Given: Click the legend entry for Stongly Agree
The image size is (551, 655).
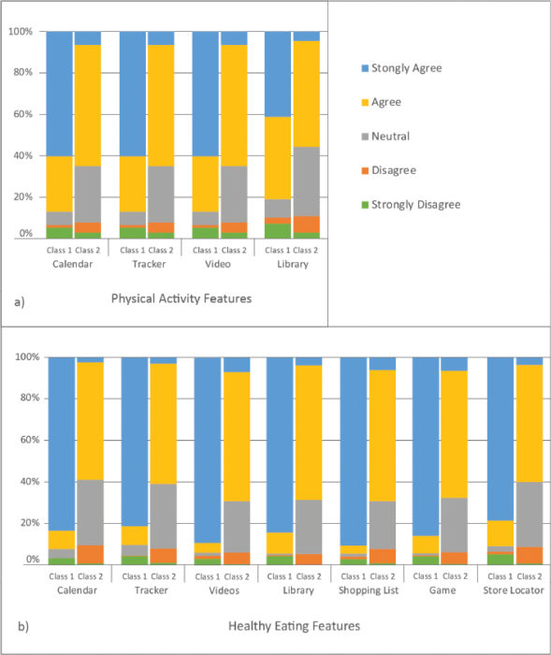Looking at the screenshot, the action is point(402,68).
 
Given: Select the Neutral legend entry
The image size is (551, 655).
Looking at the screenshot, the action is point(385,137).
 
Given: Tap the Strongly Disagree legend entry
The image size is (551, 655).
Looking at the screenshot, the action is point(411,205).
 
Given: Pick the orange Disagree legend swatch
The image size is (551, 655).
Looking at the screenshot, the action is point(365,170).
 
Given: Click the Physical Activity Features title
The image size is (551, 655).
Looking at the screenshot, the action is point(181,298).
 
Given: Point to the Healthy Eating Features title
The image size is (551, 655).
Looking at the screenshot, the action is point(294,626).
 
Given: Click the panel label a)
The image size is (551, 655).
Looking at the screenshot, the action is point(20,301).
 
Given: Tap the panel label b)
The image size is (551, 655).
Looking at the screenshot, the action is point(23,626).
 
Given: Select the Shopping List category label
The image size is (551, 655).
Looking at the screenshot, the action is point(369,590).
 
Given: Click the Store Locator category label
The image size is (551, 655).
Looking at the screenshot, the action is point(514,590).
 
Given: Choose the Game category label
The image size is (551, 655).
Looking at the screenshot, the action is point(442,590).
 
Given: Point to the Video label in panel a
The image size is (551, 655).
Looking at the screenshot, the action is point(218,264).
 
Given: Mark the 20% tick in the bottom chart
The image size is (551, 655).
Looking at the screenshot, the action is point(30,523).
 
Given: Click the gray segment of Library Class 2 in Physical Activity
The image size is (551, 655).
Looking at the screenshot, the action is point(307,182).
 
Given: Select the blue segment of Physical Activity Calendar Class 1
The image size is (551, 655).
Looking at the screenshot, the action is point(59,94).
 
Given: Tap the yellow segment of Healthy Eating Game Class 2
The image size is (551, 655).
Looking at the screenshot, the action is point(454,434).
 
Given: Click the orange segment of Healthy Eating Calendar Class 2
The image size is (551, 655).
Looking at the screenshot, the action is point(90,554).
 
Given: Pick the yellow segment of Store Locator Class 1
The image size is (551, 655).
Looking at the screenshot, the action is point(500,533).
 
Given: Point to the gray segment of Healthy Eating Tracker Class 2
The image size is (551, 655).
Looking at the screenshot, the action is point(164,517).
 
